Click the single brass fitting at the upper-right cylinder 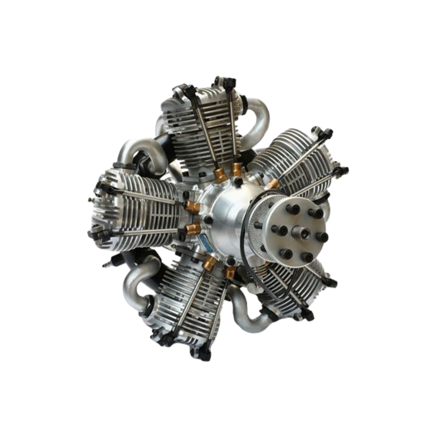point(274,184)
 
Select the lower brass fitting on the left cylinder point(193,229)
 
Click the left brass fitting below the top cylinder point(220,174)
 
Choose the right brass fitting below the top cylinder point(236,170)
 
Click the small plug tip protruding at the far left point(90,199)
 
